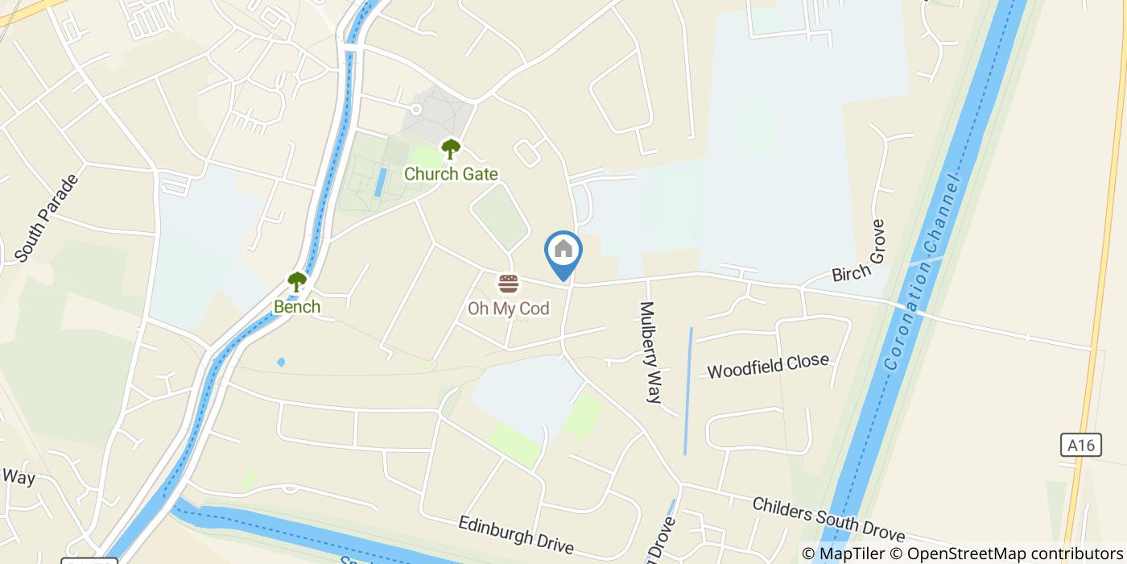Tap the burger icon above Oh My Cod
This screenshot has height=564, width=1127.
point(508,284)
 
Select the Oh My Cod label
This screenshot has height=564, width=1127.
point(509,308)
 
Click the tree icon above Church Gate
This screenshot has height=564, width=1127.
point(450,149)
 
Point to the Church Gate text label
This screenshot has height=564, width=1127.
point(451,174)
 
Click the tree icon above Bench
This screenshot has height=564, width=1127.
point(297,282)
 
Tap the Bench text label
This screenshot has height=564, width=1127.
point(297,307)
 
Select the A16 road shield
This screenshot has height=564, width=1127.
point(1080,445)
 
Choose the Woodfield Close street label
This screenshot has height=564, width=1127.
point(768,365)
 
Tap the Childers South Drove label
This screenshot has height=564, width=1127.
point(828,520)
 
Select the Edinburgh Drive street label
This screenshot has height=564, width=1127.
point(516,535)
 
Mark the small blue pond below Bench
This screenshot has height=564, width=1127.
point(280,363)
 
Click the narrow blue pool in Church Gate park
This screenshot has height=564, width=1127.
point(380,182)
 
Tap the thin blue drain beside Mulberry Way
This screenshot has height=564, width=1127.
point(687,391)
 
